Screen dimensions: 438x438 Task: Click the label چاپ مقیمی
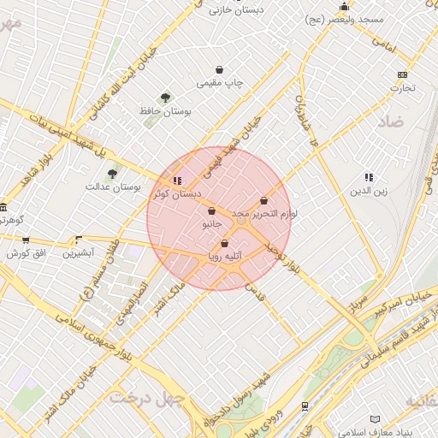pos(221,83)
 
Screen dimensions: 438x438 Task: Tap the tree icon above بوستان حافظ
pos(165,98)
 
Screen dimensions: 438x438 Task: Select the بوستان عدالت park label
pos(113,186)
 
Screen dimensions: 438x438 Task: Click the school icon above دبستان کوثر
pos(177,181)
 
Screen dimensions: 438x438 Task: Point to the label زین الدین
pos(369,191)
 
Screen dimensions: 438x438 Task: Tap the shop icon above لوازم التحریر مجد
pos(263,201)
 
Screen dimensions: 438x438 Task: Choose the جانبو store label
pos(211,224)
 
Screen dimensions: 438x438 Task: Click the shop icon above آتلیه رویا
pos(224,244)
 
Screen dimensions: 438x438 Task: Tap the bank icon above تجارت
pos(403,74)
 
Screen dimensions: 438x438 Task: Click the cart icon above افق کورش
pos(26,240)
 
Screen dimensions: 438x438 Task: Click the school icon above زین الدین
pos(369,177)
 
